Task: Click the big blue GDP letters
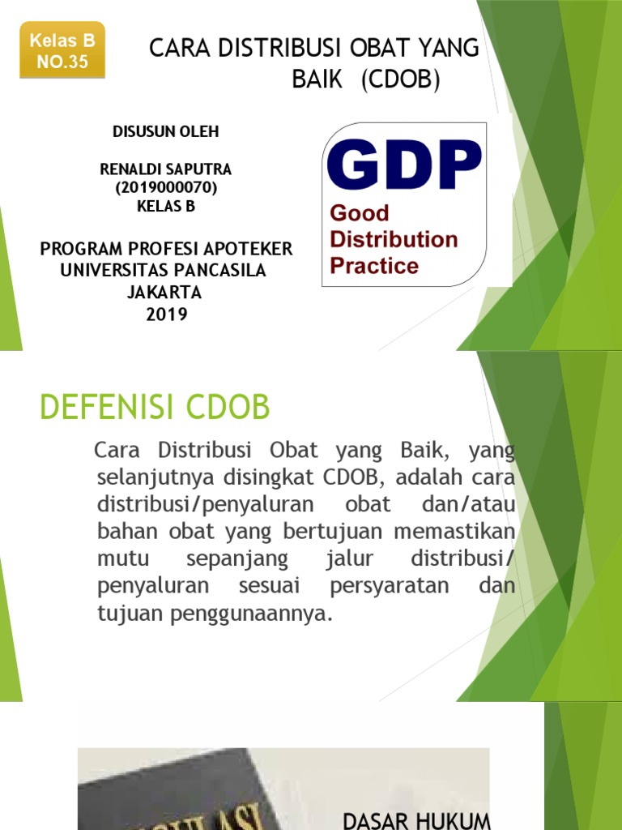tap(404, 165)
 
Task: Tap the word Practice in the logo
tap(373, 266)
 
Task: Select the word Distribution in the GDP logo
tap(393, 240)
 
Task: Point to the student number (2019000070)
tap(166, 188)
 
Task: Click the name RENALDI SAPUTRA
tap(165, 169)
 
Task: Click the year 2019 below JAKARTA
tap(167, 314)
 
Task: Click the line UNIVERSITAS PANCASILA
tap(164, 271)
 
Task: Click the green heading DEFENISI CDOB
tap(155, 408)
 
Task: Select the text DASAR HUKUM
tap(417, 821)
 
